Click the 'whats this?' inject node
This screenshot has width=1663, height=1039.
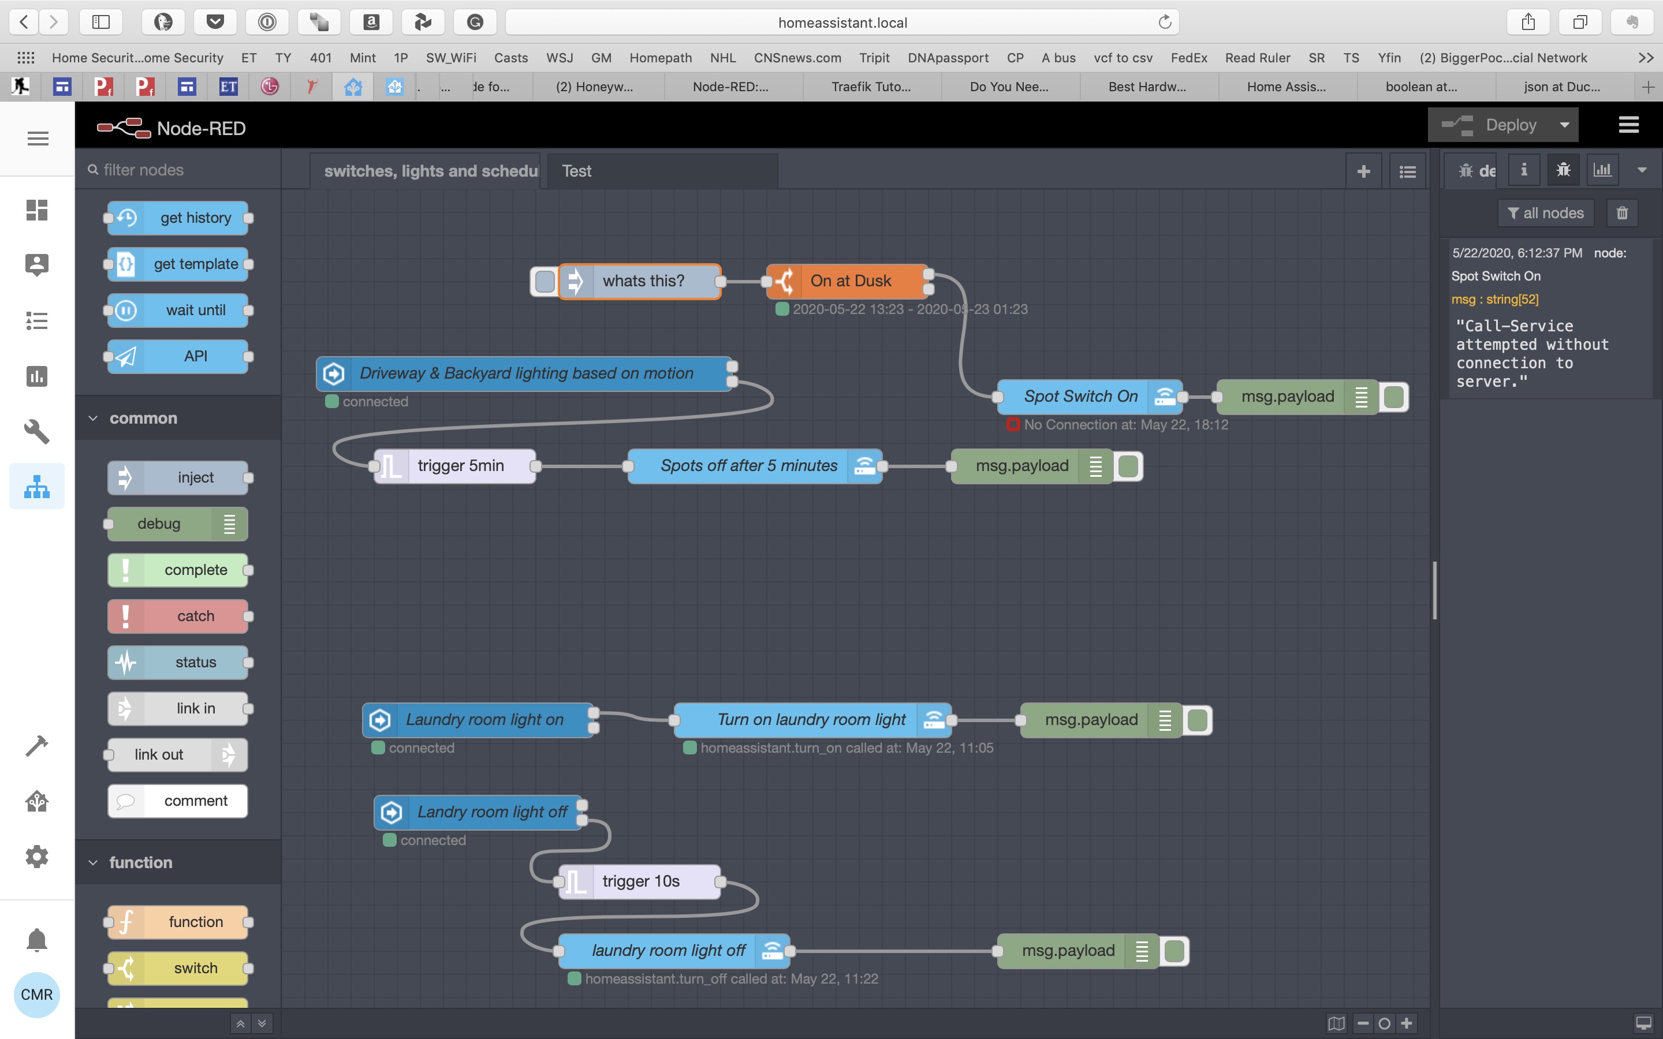tap(643, 281)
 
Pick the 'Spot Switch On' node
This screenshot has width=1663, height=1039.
tap(1080, 397)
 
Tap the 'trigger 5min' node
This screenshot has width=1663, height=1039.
tap(460, 466)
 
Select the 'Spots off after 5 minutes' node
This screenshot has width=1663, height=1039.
tap(748, 466)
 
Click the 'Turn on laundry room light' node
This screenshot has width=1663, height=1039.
tap(811, 719)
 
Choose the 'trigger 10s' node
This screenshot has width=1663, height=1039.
tap(640, 881)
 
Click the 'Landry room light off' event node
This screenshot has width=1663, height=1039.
tap(491, 812)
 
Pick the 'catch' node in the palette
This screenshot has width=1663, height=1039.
tap(195, 616)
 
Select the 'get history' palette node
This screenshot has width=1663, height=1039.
tap(195, 218)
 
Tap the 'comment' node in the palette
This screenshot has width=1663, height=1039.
tap(195, 801)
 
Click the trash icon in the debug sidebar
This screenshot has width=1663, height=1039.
tap(1622, 213)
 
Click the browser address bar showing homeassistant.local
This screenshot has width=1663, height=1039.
tap(842, 23)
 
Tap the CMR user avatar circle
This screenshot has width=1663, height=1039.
tap(37, 995)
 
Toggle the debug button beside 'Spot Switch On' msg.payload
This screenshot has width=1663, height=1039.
tap(1393, 397)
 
